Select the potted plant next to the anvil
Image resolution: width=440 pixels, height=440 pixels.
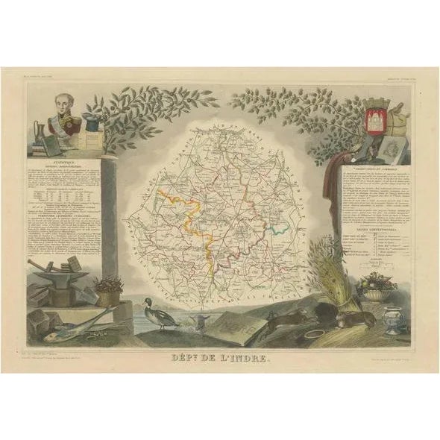(109, 287)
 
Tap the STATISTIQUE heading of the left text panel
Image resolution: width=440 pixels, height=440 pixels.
(66, 160)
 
